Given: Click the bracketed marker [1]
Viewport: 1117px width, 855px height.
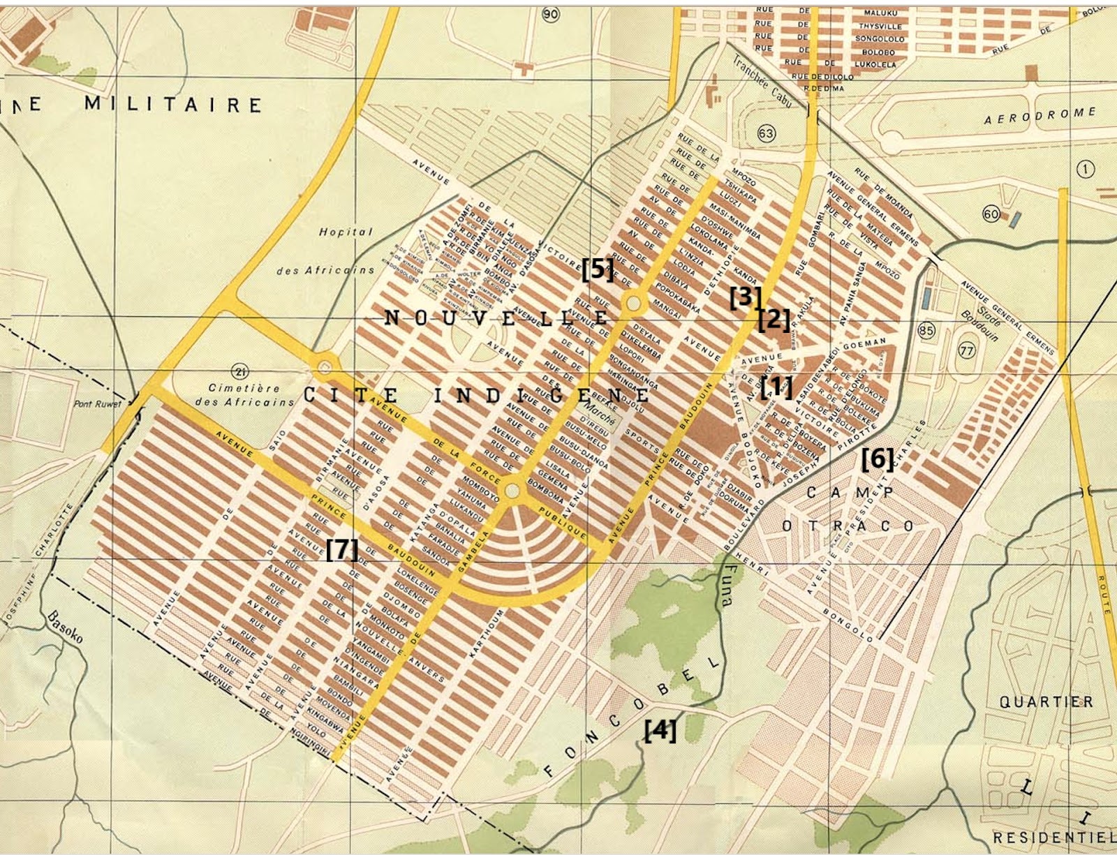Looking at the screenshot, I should click(x=776, y=386).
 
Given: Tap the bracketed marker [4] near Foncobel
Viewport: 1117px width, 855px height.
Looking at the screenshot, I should click(x=660, y=730).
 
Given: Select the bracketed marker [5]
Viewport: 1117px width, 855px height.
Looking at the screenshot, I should click(x=598, y=269).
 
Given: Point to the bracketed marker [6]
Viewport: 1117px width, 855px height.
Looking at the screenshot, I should click(x=877, y=459).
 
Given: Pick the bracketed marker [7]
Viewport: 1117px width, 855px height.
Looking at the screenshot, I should click(x=342, y=549).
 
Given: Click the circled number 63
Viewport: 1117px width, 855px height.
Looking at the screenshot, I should click(x=766, y=133).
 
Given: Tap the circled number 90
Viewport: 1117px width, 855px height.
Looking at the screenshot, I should click(x=552, y=14).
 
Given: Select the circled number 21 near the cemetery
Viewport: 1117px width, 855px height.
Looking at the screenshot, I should click(x=242, y=371).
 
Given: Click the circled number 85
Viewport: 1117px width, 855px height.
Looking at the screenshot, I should click(x=926, y=330).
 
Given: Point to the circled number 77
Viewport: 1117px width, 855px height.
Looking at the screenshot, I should click(x=967, y=350).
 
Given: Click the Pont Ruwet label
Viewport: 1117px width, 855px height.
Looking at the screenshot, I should click(x=98, y=403).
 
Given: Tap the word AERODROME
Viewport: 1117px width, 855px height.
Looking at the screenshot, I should click(x=1040, y=115).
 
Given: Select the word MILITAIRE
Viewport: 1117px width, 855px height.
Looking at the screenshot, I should click(x=173, y=105).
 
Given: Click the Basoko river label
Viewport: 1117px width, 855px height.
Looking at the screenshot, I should click(x=65, y=627).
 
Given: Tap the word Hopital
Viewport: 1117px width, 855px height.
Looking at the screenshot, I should click(x=346, y=232).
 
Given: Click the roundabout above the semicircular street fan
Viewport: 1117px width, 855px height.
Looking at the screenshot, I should click(x=512, y=491).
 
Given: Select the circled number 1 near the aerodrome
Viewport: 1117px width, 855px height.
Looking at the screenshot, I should click(x=1086, y=169).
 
